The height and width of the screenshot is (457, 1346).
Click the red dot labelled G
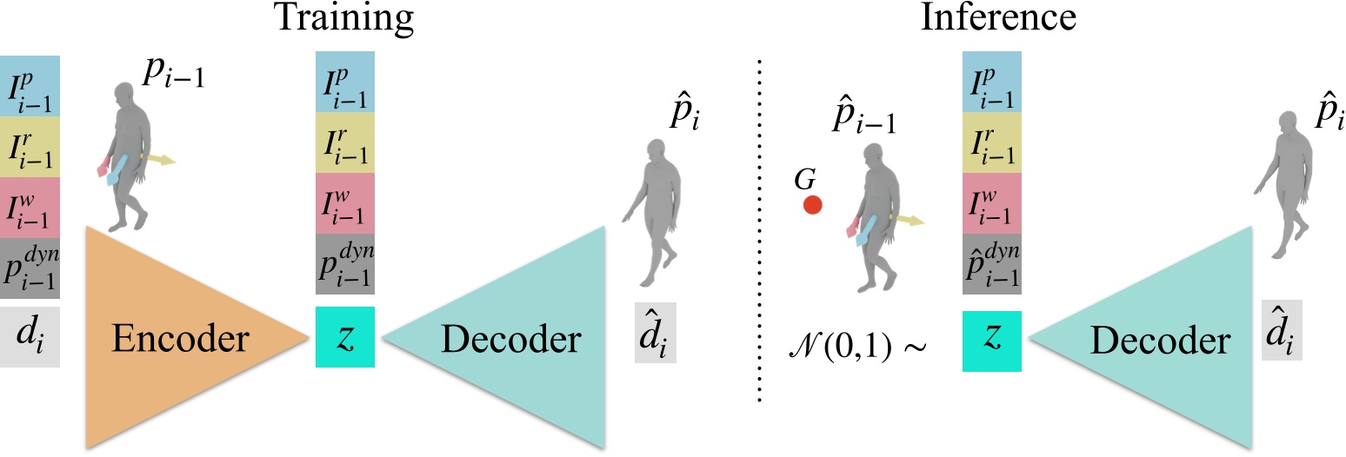click(812, 205)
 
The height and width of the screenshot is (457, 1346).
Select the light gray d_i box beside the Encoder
click(30, 335)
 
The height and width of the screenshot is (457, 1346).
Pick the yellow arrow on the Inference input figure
click(909, 220)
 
